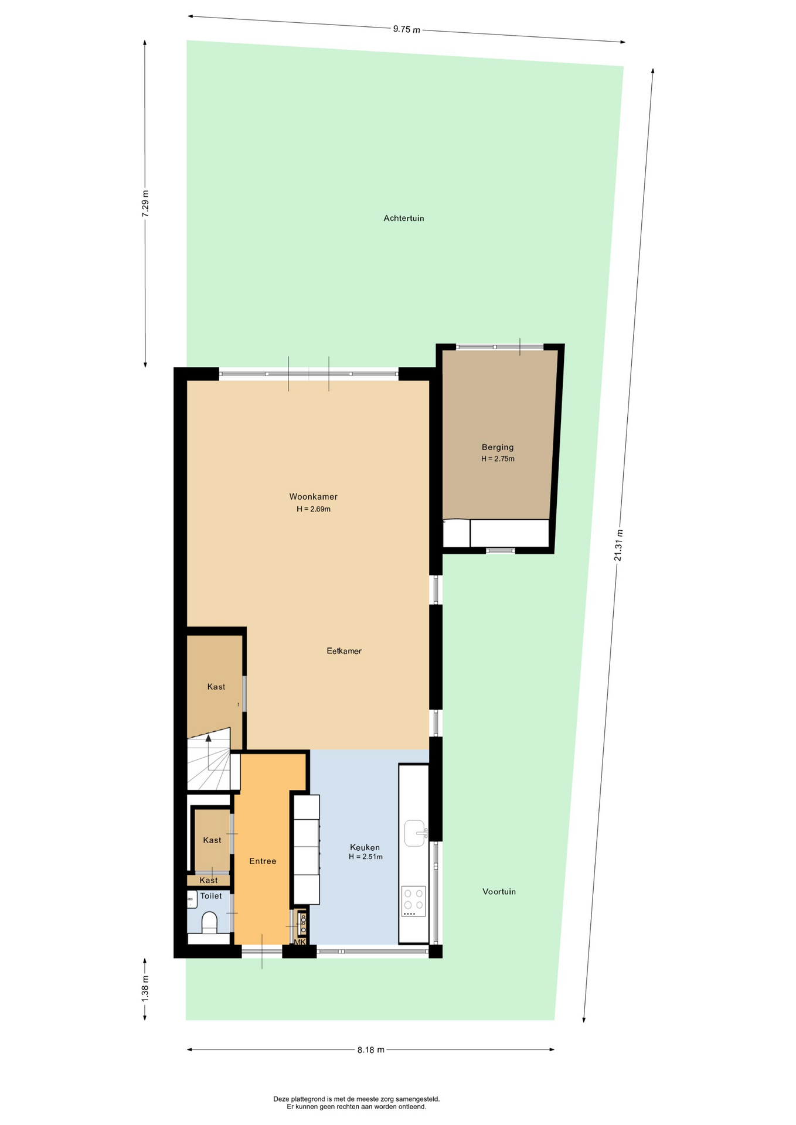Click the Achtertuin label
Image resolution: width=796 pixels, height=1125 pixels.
pos(403,219)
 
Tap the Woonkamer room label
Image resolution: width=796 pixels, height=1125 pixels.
pos(313,497)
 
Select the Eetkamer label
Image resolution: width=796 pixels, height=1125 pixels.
pos(344,651)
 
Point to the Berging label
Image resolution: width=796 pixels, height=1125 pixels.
pos(498,448)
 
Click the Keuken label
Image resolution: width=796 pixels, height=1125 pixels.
pos(365,847)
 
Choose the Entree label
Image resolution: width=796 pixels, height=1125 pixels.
pos(263,861)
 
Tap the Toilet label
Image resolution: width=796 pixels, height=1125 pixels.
pos(211,896)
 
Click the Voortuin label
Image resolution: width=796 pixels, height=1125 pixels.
pos(499,892)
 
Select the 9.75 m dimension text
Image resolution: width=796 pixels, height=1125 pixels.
pos(406,29)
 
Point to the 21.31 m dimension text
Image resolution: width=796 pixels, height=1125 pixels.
pos(618,545)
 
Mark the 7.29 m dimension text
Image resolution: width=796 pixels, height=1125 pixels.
pos(145,204)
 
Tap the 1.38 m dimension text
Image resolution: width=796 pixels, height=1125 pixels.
pos(145,988)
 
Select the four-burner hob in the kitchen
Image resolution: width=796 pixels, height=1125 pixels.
pos(413,901)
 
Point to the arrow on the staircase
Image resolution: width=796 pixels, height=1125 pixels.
pos(208,752)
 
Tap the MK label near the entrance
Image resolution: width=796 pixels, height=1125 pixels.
pos(300,942)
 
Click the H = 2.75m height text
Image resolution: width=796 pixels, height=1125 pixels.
pos(498,459)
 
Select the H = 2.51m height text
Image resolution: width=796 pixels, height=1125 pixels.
pos(365,857)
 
